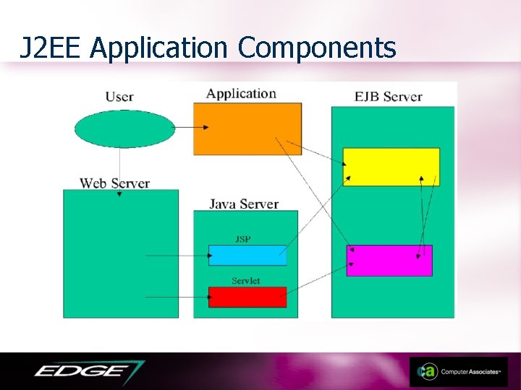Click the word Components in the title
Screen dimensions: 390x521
coord(317,48)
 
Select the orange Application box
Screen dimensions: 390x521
coord(247,129)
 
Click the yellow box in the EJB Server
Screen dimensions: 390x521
coord(391,167)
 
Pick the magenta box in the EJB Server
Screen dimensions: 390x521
coord(389,260)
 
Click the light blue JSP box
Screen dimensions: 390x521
coord(247,255)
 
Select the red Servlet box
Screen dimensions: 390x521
coord(247,297)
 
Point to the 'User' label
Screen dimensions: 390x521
coord(119,97)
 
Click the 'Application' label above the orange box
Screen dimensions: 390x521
coord(241,93)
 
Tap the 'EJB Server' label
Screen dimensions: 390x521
coord(389,97)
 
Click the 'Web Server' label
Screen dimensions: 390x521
coord(114,183)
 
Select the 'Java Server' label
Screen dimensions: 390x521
coord(244,204)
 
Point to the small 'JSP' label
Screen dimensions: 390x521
coord(243,239)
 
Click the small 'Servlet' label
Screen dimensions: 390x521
coord(246,280)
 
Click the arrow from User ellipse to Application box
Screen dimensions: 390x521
coord(191,128)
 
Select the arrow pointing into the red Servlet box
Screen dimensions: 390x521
coord(177,297)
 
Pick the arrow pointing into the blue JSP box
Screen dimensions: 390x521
coord(177,255)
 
